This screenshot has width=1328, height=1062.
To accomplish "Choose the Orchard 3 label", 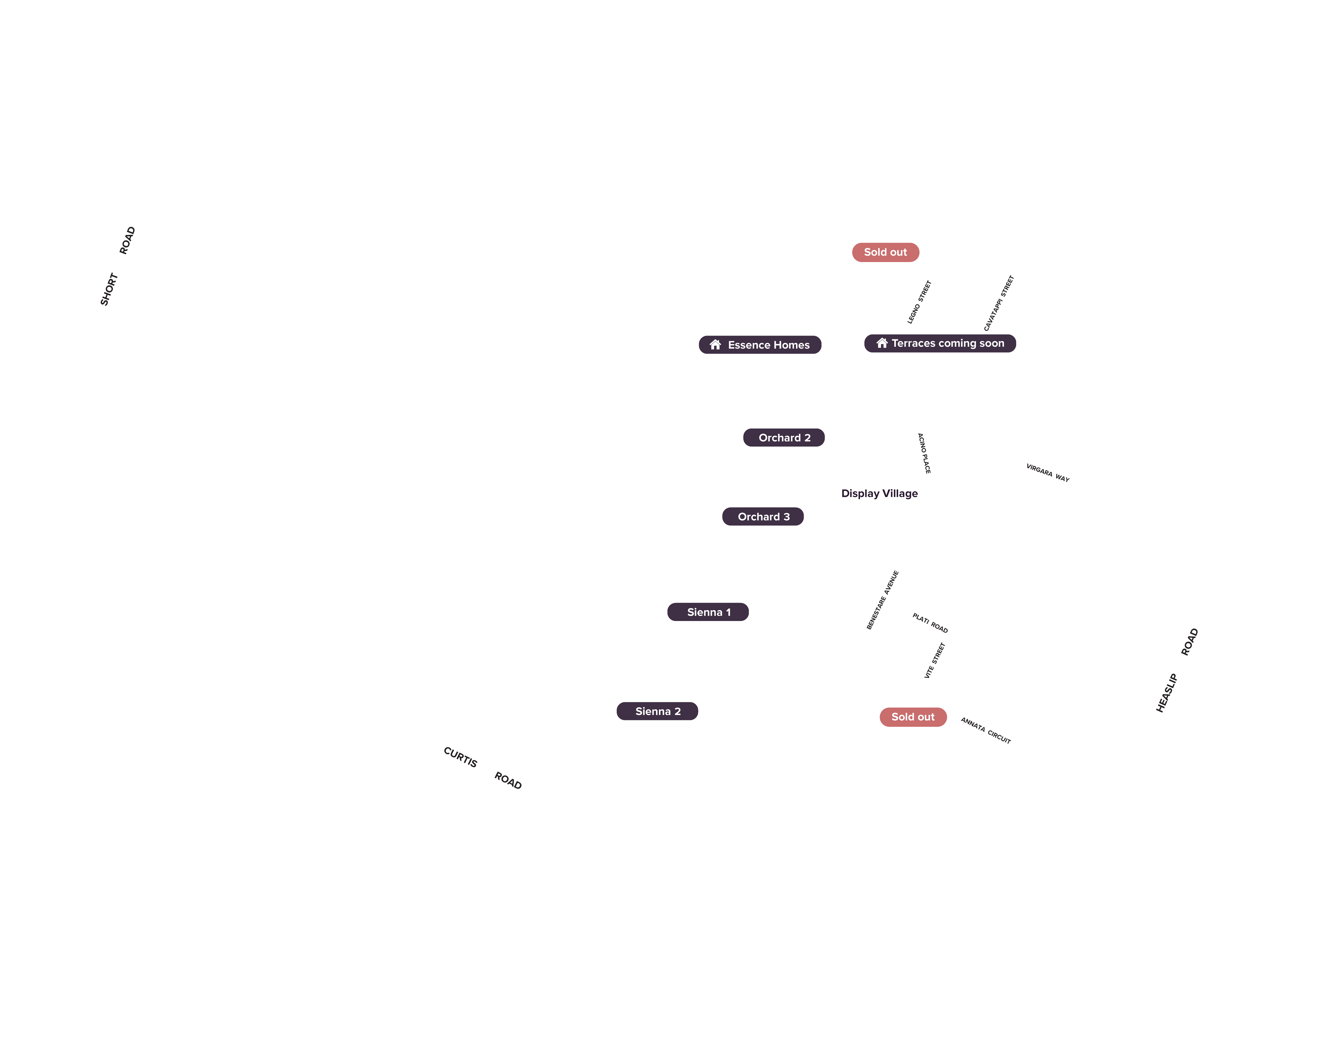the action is (763, 517).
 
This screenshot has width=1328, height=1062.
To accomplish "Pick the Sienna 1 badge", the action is (708, 612).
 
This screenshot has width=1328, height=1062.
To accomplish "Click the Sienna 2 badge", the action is (657, 711).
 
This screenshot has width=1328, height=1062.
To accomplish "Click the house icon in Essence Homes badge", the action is (715, 345).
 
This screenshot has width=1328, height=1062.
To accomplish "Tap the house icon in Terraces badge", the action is (882, 343).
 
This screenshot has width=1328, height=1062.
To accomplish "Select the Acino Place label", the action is (924, 453).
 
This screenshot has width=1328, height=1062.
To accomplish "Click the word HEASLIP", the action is (1167, 693).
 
